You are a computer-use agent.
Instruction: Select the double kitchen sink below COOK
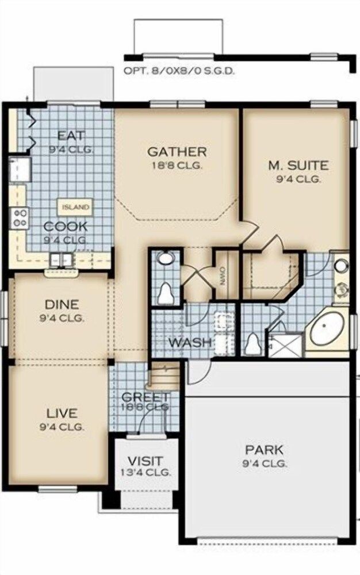pos(60,259)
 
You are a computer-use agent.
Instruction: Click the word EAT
pos(71,136)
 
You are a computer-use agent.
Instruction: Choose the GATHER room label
pos(177,152)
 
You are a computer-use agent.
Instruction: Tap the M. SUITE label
pos(298,166)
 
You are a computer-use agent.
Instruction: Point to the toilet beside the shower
pos(252,344)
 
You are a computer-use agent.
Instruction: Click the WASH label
pos(189,343)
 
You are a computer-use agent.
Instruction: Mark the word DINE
pos(62,305)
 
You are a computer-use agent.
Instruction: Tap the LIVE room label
pos(62,414)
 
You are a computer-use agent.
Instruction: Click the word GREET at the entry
pos(145,397)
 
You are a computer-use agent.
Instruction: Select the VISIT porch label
pos(145,461)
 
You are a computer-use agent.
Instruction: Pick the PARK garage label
pos(264,450)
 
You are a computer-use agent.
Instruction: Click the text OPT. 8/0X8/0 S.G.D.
pos(179,72)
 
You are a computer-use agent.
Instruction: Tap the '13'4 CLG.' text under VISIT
pos(145,473)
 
